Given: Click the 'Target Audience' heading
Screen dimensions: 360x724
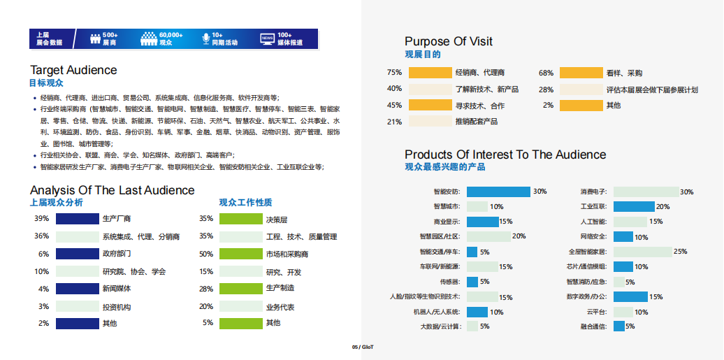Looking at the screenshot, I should [73, 70].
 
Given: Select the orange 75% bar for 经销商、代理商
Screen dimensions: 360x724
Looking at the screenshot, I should [430, 73].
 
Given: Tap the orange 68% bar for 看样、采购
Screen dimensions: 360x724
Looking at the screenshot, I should [581, 73].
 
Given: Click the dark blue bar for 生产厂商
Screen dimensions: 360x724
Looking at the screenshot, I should [77, 219].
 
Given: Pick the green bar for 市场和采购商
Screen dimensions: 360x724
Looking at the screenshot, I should [240, 254].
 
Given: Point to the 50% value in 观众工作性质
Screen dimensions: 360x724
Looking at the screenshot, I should [206, 254].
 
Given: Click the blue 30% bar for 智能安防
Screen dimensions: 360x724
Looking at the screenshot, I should [498, 192].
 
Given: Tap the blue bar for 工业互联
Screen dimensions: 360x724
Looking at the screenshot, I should [633, 206].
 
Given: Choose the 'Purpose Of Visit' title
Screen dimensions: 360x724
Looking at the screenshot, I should [449, 41].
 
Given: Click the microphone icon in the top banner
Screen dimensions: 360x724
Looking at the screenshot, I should [205, 38].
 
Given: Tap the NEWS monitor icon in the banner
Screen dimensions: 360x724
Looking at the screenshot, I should [266, 38].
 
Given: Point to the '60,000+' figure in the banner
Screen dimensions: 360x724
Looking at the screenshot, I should [171, 34].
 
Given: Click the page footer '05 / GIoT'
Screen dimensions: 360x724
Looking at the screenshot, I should [363, 347].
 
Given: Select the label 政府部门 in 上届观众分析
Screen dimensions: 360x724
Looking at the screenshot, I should [117, 254].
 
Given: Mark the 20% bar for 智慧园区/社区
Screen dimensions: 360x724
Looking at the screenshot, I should [488, 236].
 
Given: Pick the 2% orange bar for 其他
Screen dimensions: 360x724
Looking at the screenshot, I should [581, 106].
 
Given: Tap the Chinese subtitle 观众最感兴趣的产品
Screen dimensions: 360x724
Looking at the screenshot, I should [444, 167].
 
